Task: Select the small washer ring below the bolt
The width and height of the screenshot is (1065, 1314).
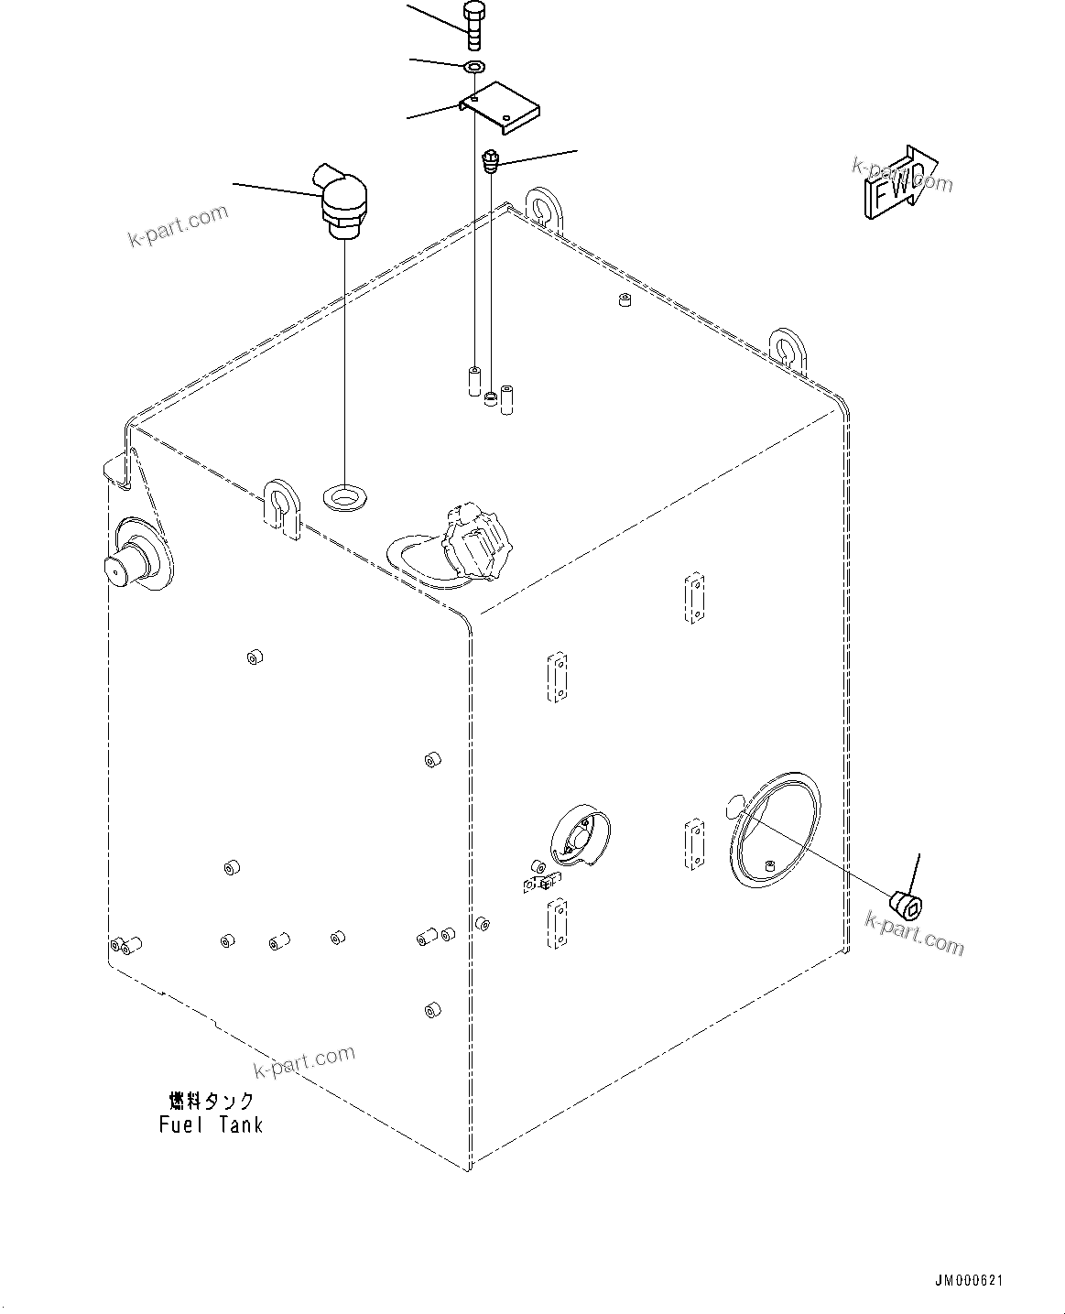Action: point(474,67)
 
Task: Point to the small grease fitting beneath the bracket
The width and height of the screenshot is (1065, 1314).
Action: point(491,163)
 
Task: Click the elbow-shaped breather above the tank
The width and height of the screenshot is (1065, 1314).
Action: point(343,201)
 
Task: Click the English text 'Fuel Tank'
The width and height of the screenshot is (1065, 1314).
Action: point(211,1124)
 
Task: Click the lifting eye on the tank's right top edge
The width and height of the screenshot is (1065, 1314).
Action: point(787,347)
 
